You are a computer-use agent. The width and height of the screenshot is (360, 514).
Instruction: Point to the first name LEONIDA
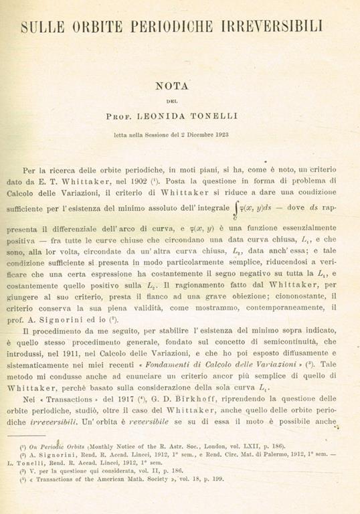click(x=174, y=116)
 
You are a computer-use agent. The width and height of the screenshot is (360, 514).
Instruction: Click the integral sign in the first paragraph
click(x=235, y=193)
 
